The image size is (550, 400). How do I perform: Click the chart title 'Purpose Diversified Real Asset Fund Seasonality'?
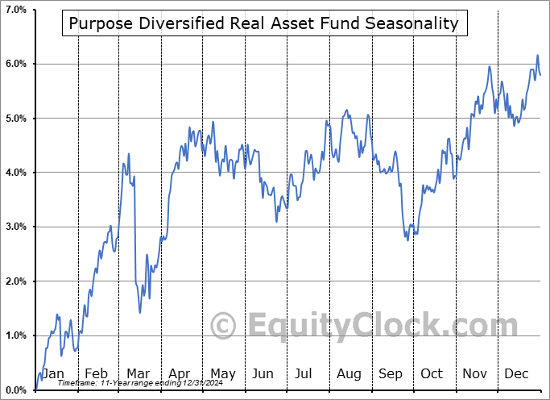click(x=263, y=23)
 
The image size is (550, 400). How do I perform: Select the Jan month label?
click(x=52, y=373)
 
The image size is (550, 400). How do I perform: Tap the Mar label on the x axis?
click(x=138, y=373)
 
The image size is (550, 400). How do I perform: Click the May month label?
click(x=222, y=373)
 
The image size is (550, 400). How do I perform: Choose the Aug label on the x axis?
click(x=349, y=373)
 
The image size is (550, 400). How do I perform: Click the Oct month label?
click(x=432, y=373)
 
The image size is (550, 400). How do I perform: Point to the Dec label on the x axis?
click(x=516, y=373)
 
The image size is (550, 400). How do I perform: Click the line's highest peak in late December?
click(x=538, y=55)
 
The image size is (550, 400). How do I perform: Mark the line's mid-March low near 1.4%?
click(x=139, y=312)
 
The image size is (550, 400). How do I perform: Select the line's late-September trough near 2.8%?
click(x=407, y=240)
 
